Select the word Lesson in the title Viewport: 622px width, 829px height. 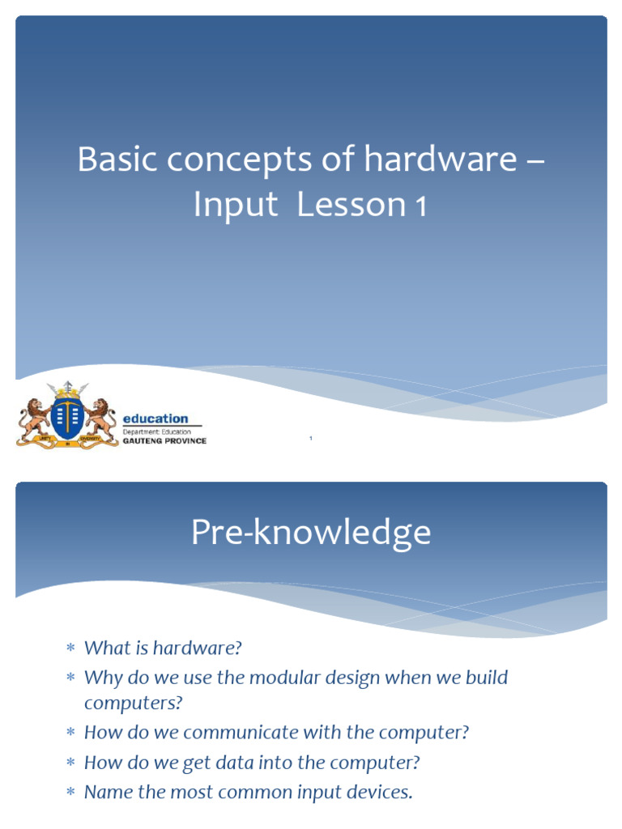click(x=350, y=206)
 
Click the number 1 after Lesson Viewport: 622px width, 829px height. click(x=420, y=207)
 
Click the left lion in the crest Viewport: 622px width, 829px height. click(x=33, y=417)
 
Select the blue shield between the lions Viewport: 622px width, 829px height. click(x=68, y=416)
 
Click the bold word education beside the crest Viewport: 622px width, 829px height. click(x=155, y=419)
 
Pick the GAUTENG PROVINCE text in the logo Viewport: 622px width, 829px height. click(x=164, y=441)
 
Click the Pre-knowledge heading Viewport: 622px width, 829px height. click(x=311, y=534)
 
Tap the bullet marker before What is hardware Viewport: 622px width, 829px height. click(x=70, y=648)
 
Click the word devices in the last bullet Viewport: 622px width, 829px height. click(x=381, y=792)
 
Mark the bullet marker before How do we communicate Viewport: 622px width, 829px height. click(x=70, y=733)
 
